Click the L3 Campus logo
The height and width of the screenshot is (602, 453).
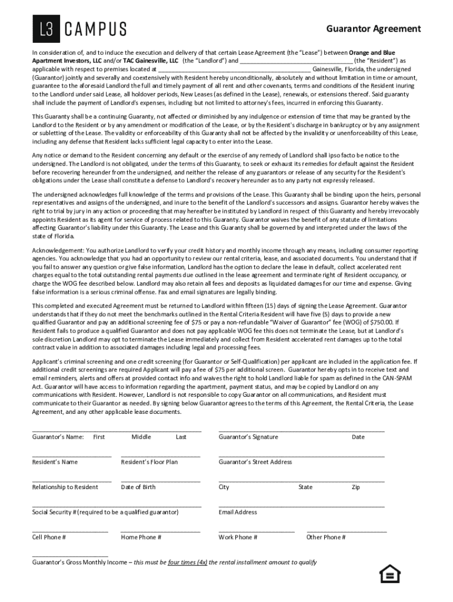pos(79,29)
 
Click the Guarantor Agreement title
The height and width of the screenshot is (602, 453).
pos(374,29)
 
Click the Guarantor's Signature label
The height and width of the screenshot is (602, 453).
pos(248,437)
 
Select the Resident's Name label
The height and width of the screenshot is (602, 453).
pos(55,462)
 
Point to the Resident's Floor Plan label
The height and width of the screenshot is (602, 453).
pos(149,462)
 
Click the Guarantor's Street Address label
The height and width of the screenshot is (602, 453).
pos(255,462)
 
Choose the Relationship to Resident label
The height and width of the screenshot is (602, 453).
pos(65,487)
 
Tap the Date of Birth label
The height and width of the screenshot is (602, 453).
pos(138,487)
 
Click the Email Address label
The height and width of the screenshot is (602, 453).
pos(238,512)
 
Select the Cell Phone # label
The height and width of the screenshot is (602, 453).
pos(49,537)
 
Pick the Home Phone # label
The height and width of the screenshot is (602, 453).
pos(141,537)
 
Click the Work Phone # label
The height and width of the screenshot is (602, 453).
pos(238,537)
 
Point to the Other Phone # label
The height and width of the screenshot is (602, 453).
pos(326,537)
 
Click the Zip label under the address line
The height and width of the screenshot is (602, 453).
pos(355,487)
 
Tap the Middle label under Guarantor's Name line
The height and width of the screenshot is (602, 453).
pos(141,437)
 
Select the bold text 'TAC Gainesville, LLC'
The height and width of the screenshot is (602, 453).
pos(150,61)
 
